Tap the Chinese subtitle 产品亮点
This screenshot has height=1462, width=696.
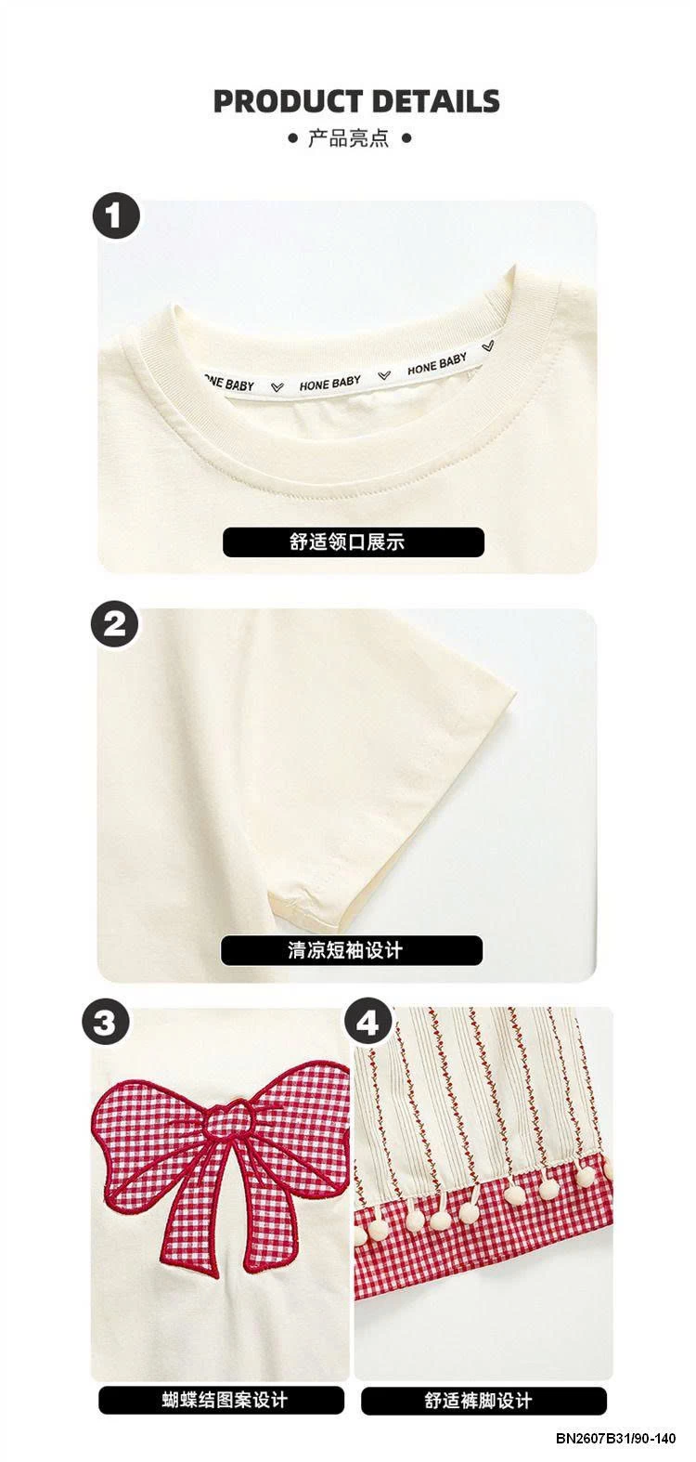[x=348, y=138]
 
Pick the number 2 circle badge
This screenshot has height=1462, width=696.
[x=115, y=624]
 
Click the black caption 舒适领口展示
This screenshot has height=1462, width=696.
[x=353, y=542]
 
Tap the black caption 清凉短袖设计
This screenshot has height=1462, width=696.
[x=352, y=949]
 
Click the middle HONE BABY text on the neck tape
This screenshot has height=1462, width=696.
[x=330, y=383]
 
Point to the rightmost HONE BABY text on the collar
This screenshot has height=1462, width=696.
[x=437, y=364]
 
